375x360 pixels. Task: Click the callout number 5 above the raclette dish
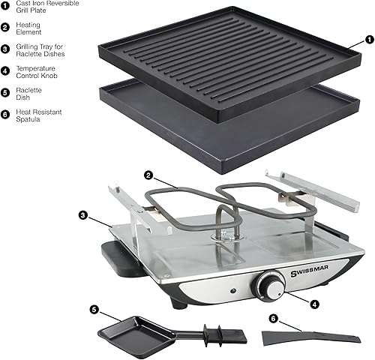click(94, 309)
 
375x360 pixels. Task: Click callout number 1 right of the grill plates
click(367, 38)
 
